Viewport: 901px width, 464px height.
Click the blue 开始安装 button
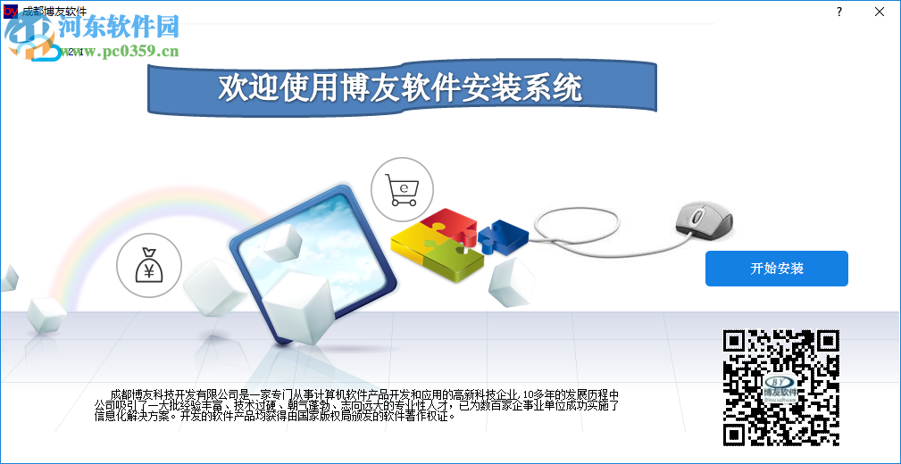pos(776,269)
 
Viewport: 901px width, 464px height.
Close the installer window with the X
pos(880,12)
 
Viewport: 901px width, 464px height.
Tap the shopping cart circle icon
pos(402,188)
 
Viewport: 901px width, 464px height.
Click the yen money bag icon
pos(148,266)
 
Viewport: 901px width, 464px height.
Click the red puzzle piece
pos(449,224)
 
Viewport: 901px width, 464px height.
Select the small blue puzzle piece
pos(503,234)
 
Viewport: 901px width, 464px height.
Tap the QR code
pos(780,387)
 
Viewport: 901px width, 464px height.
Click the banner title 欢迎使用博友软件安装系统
pos(400,87)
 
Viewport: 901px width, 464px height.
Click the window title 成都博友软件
pos(55,11)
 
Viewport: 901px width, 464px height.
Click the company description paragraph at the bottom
pos(357,404)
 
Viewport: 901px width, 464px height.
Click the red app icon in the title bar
pos(11,11)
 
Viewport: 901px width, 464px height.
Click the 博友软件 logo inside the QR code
pos(780,388)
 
